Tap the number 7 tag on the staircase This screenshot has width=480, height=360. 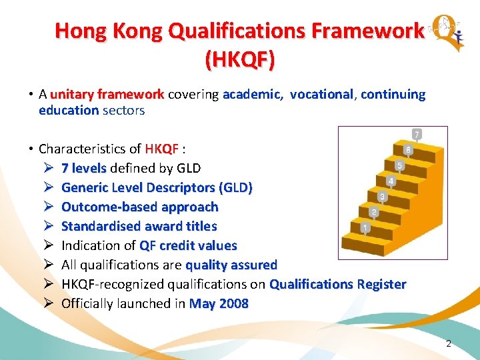(417, 135)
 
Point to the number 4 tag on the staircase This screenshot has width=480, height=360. (391, 181)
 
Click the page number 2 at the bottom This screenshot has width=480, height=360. (448, 343)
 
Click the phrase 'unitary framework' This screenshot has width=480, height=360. (107, 94)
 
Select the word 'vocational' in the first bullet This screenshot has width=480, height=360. (321, 94)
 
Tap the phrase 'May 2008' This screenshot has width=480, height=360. (219, 303)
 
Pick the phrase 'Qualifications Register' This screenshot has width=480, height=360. (337, 284)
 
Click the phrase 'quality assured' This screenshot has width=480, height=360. (231, 265)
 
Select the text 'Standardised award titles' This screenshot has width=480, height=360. (139, 226)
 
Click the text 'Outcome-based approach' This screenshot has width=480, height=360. (139, 207)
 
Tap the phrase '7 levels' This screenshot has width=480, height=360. (84, 168)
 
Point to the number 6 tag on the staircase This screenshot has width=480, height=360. (408, 150)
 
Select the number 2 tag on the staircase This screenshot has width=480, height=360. (374, 213)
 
